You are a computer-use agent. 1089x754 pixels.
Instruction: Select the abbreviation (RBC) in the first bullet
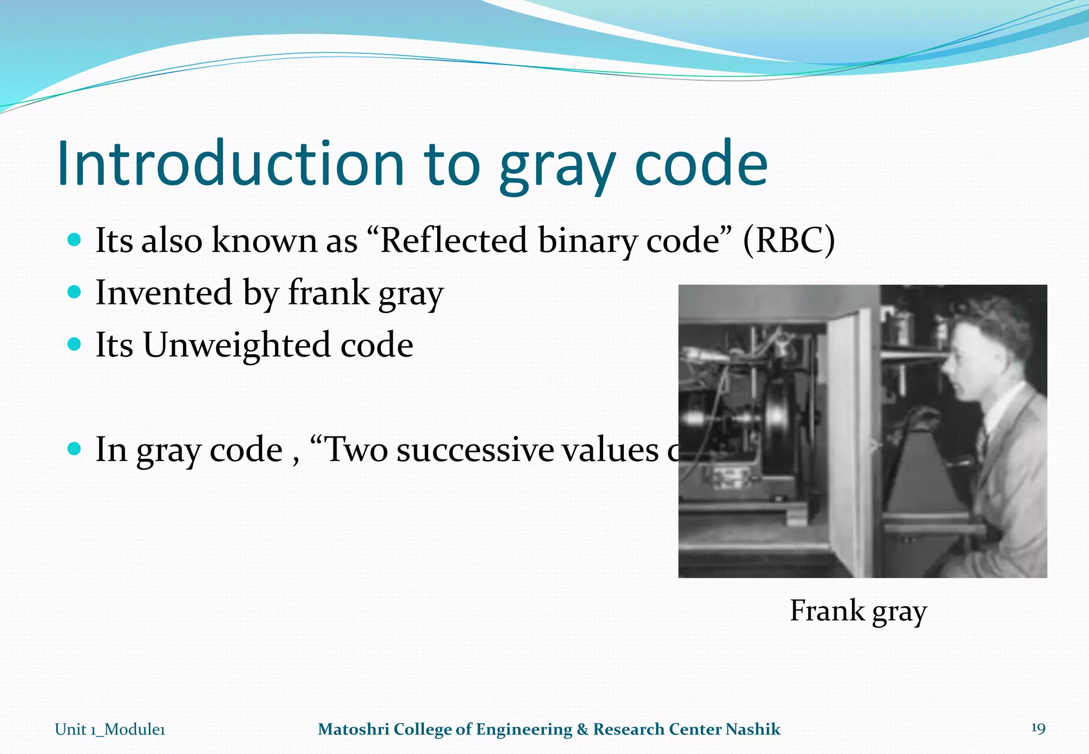(789, 240)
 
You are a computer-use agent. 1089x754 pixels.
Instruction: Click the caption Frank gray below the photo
(858, 610)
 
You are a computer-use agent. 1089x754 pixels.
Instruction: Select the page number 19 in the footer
(1038, 728)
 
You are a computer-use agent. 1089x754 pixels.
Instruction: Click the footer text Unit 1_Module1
(110, 729)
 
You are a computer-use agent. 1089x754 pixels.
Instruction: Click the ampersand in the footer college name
(583, 729)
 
